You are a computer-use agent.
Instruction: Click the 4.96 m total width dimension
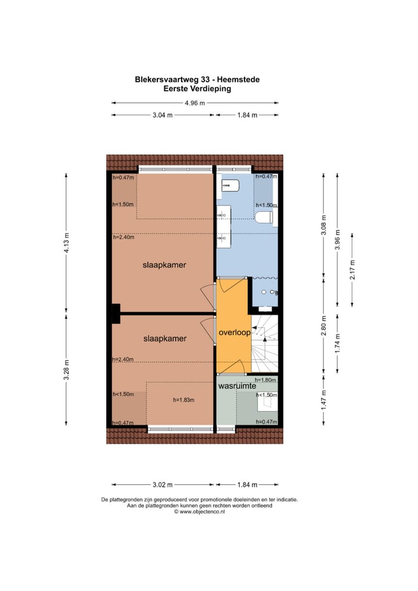[195, 103]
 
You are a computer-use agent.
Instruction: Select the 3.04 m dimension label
[163, 116]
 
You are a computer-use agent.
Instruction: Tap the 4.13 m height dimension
[66, 243]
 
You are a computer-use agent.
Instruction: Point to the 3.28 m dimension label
[66, 370]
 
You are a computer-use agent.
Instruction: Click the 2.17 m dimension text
[352, 269]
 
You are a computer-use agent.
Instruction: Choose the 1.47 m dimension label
[323, 400]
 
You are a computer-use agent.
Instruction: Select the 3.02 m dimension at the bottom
[163, 485]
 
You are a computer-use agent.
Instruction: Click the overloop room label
[235, 333]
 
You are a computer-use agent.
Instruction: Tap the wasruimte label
[237, 386]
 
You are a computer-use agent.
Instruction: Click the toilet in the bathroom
[264, 218]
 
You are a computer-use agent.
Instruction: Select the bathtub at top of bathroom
[230, 186]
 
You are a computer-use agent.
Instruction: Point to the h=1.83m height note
[183, 400]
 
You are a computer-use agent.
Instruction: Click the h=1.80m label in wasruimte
[265, 380]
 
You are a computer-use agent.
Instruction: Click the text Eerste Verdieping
[197, 89]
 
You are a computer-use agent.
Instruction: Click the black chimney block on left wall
[116, 313]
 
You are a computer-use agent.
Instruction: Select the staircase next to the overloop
[265, 343]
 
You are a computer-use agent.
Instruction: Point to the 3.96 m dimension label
[338, 240]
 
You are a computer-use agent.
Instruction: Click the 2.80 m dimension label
[323, 326]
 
